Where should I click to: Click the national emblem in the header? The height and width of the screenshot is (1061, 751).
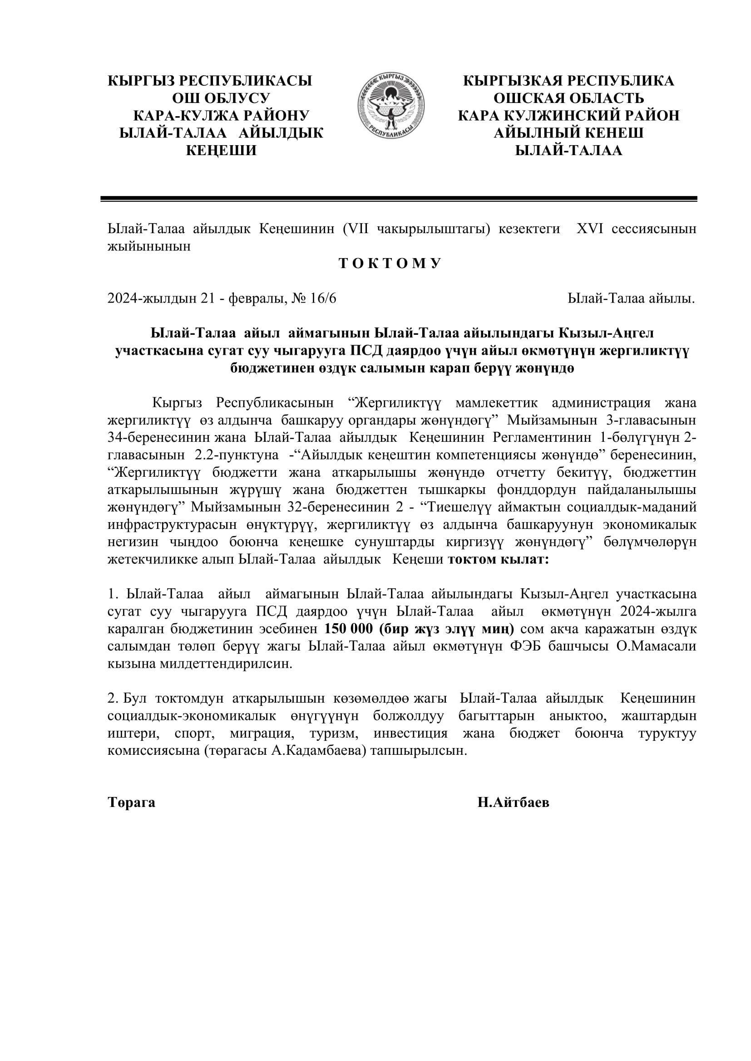[391, 106]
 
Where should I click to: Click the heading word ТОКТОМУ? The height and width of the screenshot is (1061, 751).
[390, 264]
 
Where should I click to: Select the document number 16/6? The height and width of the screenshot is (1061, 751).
[323, 298]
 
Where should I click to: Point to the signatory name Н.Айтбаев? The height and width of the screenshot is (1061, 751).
[514, 815]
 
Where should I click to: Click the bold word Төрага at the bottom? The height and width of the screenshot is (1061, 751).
[131, 815]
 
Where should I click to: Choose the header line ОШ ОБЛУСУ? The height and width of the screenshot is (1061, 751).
[221, 98]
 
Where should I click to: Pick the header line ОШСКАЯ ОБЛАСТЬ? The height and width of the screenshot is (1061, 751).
[568, 98]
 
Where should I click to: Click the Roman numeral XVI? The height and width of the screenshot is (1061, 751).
[590, 229]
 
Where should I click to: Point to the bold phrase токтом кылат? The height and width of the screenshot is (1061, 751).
[498, 560]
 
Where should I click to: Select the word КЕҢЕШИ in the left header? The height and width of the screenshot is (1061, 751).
[221, 151]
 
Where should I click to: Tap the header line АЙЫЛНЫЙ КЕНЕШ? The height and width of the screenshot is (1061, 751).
[568, 133]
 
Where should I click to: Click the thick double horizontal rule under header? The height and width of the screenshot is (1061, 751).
[399, 199]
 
